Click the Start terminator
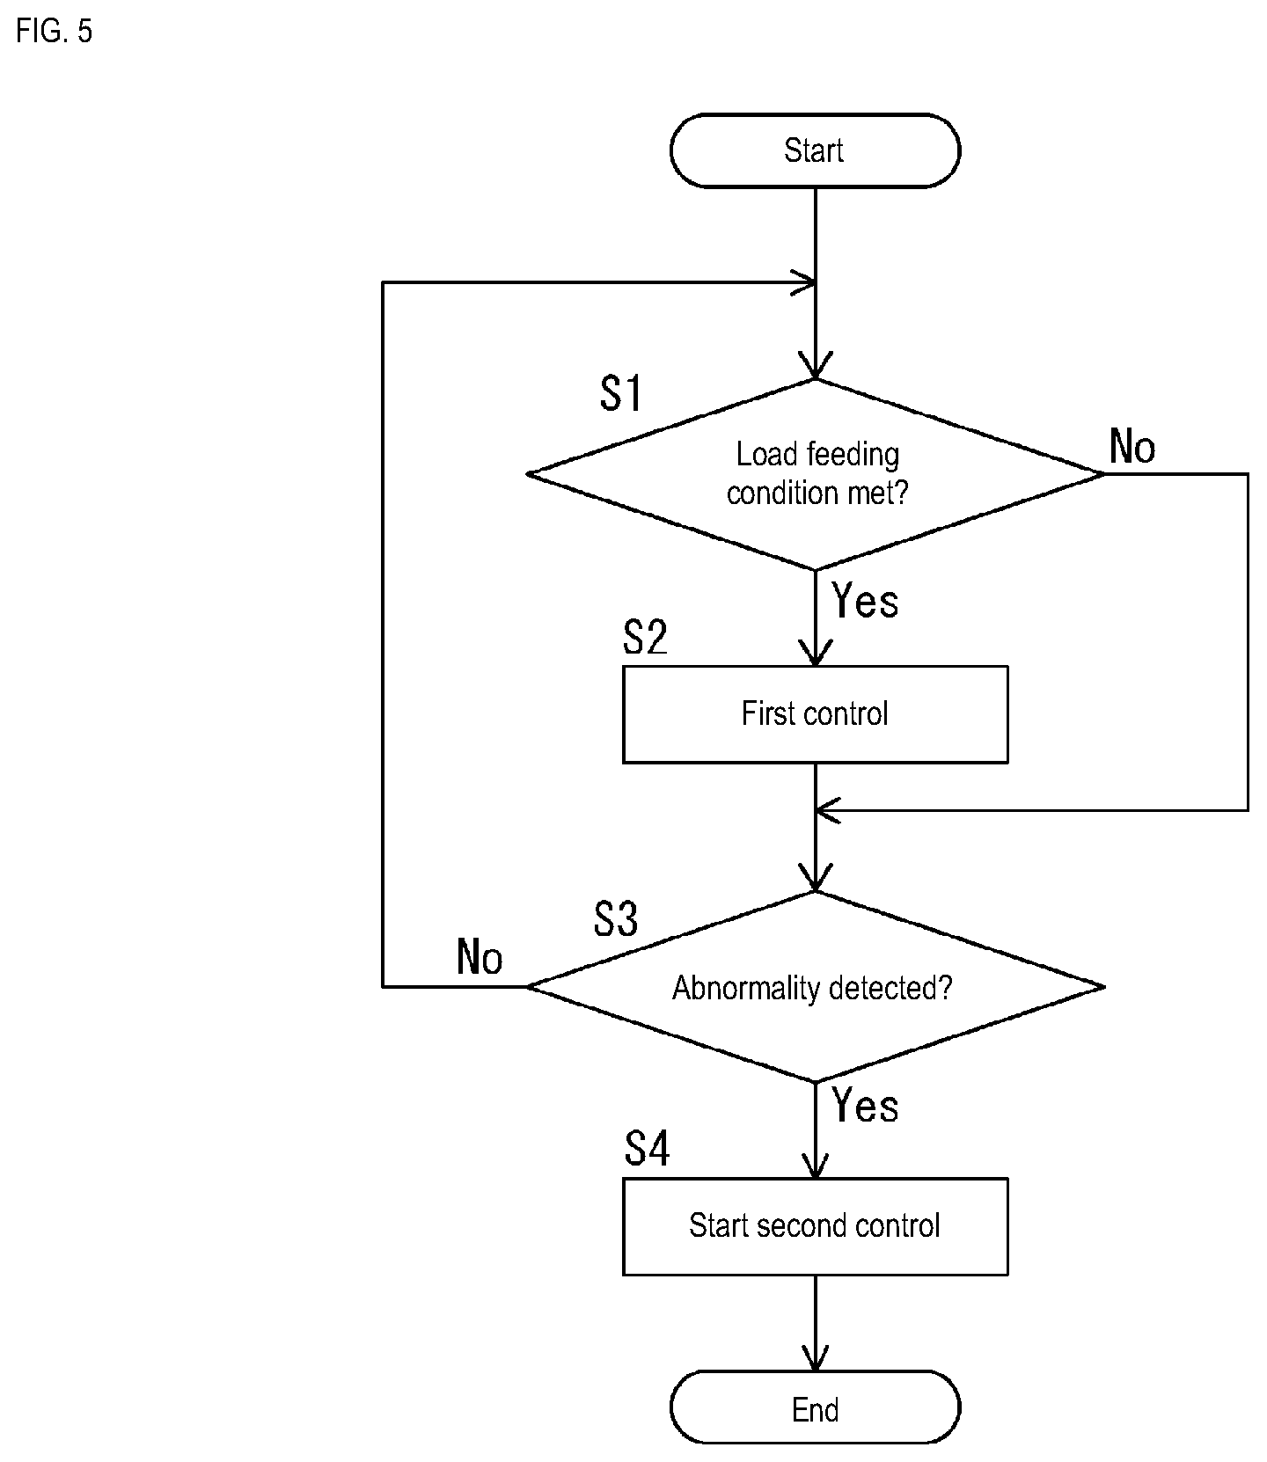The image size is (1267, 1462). (x=815, y=150)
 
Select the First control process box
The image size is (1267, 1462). (x=815, y=713)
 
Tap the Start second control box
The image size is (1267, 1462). (x=815, y=1226)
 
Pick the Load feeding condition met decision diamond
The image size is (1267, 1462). (x=815, y=474)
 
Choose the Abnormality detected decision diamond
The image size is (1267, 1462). (x=815, y=987)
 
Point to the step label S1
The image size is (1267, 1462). (x=621, y=393)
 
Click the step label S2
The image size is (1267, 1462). (x=645, y=637)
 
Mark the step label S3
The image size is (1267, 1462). (x=616, y=919)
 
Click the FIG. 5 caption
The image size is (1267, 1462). (x=54, y=32)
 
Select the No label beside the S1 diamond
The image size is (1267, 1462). (x=1132, y=447)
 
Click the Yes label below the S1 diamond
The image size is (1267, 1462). (x=865, y=602)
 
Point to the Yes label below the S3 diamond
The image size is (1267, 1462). (x=865, y=1106)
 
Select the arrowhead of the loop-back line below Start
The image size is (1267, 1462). (x=803, y=282)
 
